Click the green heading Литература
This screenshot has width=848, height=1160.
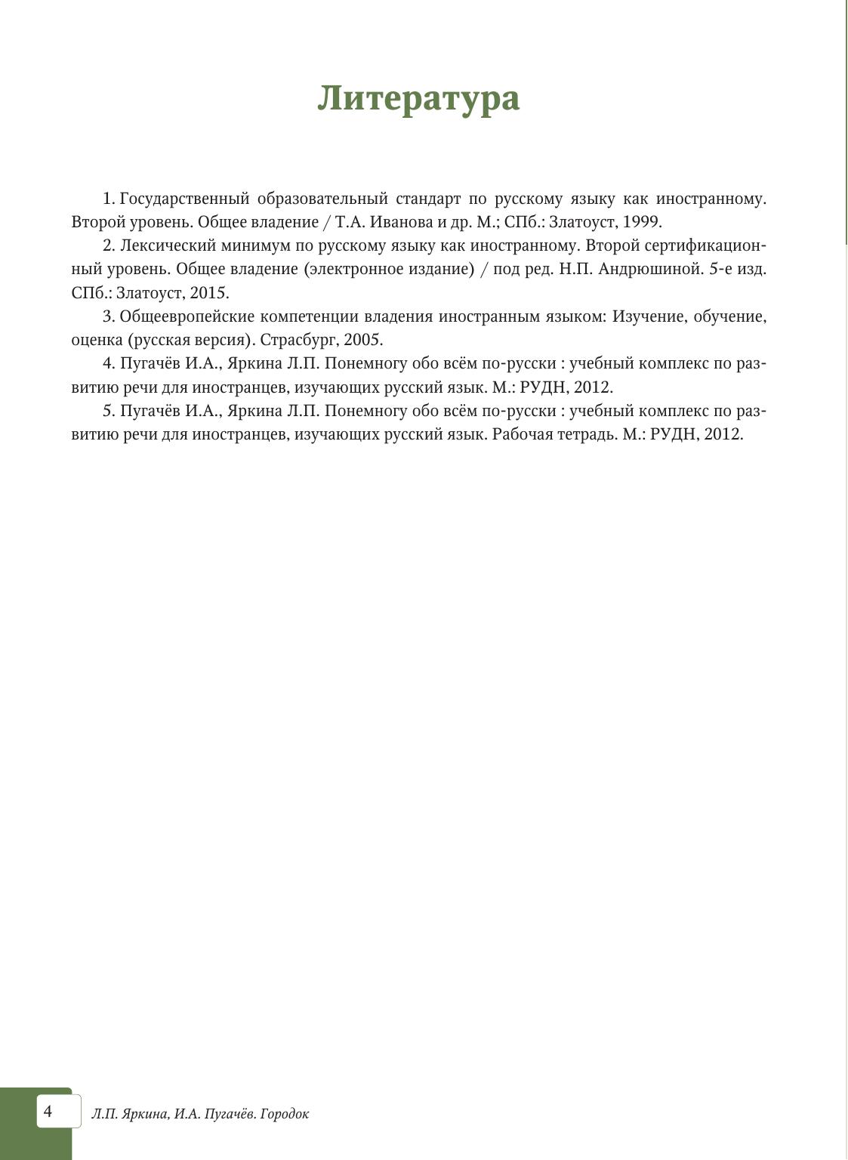pos(418,98)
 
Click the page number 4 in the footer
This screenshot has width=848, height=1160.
pos(48,1111)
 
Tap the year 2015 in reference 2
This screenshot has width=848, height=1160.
pos(208,293)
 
